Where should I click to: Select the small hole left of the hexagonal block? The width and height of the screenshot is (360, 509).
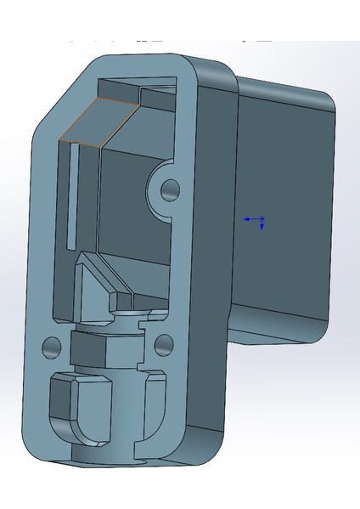tap(52, 346)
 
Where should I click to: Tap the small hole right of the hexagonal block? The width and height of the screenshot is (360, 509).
tap(164, 343)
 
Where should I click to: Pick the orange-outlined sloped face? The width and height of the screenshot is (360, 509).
tap(93, 122)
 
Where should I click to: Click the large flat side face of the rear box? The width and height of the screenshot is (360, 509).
tap(280, 212)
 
